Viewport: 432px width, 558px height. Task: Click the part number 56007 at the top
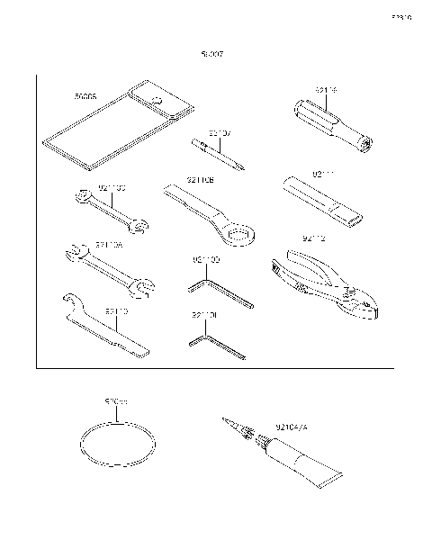(212, 54)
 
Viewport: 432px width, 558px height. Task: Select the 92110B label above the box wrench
(200, 180)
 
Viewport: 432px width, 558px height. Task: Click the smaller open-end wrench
(112, 212)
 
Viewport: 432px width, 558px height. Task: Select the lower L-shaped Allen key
(217, 347)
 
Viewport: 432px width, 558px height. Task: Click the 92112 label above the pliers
(315, 239)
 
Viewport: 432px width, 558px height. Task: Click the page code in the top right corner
(400, 16)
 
